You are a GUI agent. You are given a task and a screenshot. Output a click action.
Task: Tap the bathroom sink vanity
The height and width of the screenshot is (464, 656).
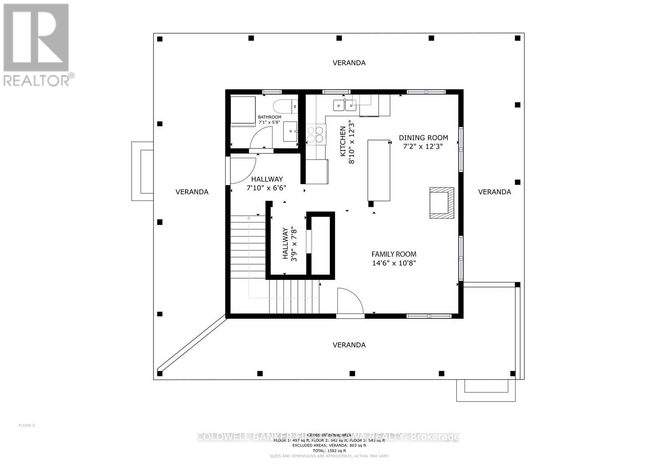290,132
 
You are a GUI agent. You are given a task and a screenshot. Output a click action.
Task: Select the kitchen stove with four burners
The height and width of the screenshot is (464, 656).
316,134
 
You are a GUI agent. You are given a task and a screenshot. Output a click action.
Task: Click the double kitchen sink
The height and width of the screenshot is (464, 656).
345,105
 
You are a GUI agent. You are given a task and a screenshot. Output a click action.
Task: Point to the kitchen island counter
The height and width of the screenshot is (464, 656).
379,170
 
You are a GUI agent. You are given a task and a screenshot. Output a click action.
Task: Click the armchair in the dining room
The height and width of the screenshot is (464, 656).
441,202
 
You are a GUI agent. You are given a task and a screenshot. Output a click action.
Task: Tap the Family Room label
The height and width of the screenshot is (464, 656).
394,254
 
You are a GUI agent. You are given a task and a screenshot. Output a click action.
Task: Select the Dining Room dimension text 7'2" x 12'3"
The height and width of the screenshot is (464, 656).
423,147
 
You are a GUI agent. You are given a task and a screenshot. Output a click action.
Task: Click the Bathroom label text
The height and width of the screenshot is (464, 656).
269,117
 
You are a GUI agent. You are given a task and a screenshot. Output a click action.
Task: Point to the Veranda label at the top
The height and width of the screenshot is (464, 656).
349,63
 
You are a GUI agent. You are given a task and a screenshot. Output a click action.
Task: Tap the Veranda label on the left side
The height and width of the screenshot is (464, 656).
192,192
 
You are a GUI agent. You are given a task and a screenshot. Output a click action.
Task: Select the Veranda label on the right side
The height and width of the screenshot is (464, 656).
494,192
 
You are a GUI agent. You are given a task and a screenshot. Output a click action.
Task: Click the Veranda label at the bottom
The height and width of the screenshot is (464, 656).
349,345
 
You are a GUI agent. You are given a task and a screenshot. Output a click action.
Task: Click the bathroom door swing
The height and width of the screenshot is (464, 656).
260,140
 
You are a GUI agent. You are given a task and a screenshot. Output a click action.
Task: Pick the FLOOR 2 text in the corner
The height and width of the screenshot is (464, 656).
26,426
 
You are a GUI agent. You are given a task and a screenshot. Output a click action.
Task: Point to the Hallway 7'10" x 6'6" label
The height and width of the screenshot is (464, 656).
266,184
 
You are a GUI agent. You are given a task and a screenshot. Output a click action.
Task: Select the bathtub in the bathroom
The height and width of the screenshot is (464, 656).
243,112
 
